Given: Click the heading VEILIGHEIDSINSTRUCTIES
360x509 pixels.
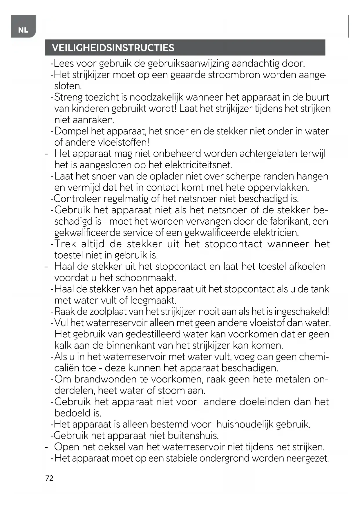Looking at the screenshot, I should (113, 48).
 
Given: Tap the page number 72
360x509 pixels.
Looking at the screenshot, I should (49, 478).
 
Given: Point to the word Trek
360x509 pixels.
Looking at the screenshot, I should (65, 244).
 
